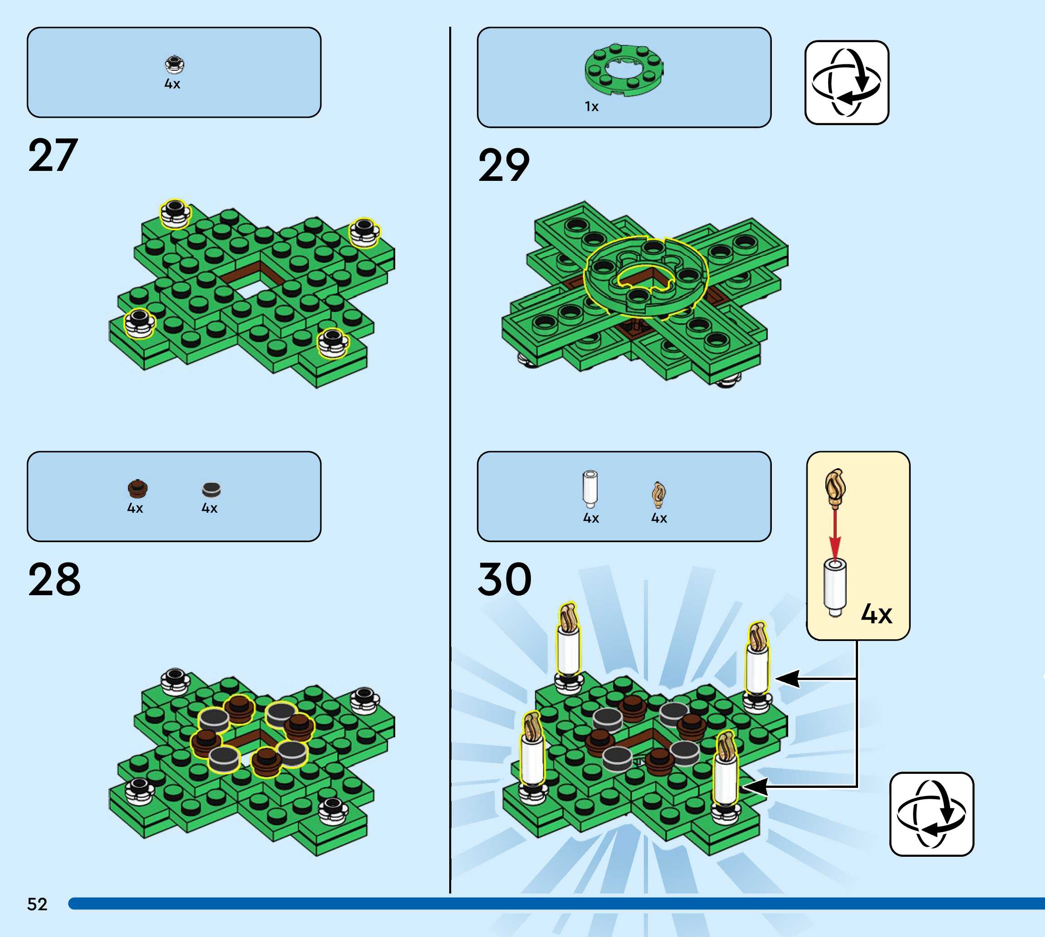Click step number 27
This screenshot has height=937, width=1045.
[x=53, y=155]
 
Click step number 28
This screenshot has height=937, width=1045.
[x=54, y=580]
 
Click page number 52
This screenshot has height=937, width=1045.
[x=37, y=904]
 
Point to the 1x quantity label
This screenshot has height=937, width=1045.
[x=592, y=107]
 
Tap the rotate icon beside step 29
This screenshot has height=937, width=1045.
[x=847, y=83]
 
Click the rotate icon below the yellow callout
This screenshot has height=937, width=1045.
[x=932, y=814]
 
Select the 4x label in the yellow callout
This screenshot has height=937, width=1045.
[x=877, y=614]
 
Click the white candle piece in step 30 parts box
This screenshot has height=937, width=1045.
[x=590, y=489]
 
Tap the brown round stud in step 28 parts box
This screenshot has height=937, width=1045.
[x=137, y=489]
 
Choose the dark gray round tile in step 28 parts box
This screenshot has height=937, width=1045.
[x=211, y=489]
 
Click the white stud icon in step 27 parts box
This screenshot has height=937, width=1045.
[x=175, y=64]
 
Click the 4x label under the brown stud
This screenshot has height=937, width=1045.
[x=135, y=508]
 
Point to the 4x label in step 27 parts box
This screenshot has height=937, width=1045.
[x=172, y=84]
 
